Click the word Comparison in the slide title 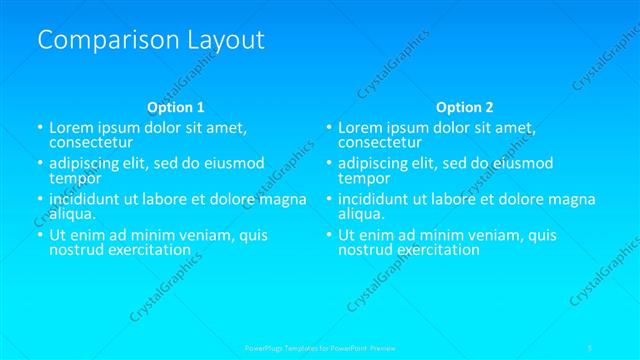[x=98, y=40]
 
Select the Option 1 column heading [x=176, y=107]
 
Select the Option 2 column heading [x=464, y=107]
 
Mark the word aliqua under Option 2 [x=360, y=213]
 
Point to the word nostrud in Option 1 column [x=77, y=249]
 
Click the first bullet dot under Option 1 [x=40, y=129]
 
